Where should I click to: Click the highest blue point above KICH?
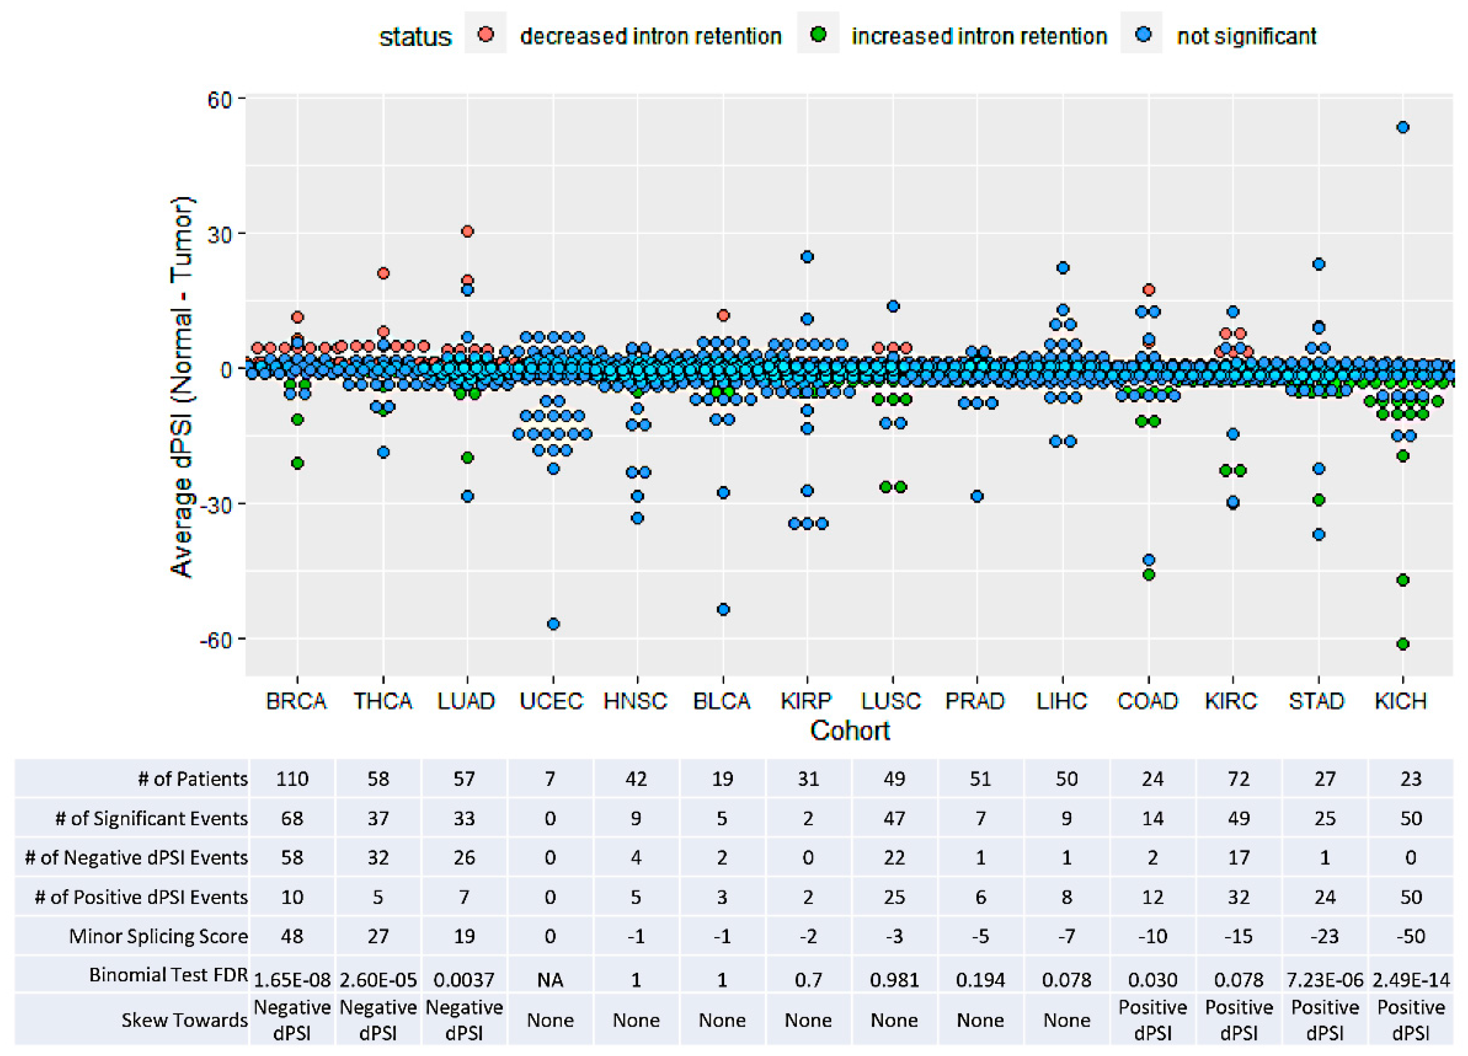[x=1402, y=128]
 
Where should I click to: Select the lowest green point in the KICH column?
[x=1402, y=644]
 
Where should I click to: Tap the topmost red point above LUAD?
[x=467, y=231]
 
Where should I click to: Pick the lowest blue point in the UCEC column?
[x=553, y=624]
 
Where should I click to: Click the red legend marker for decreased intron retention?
[x=485, y=34]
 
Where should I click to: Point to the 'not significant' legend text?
[x=1246, y=36]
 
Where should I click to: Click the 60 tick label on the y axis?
[x=219, y=100]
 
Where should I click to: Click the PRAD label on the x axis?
[x=975, y=701]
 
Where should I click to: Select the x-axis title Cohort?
[x=849, y=730]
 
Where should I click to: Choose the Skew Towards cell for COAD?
[x=1152, y=1020]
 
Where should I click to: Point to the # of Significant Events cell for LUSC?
[x=894, y=818]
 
